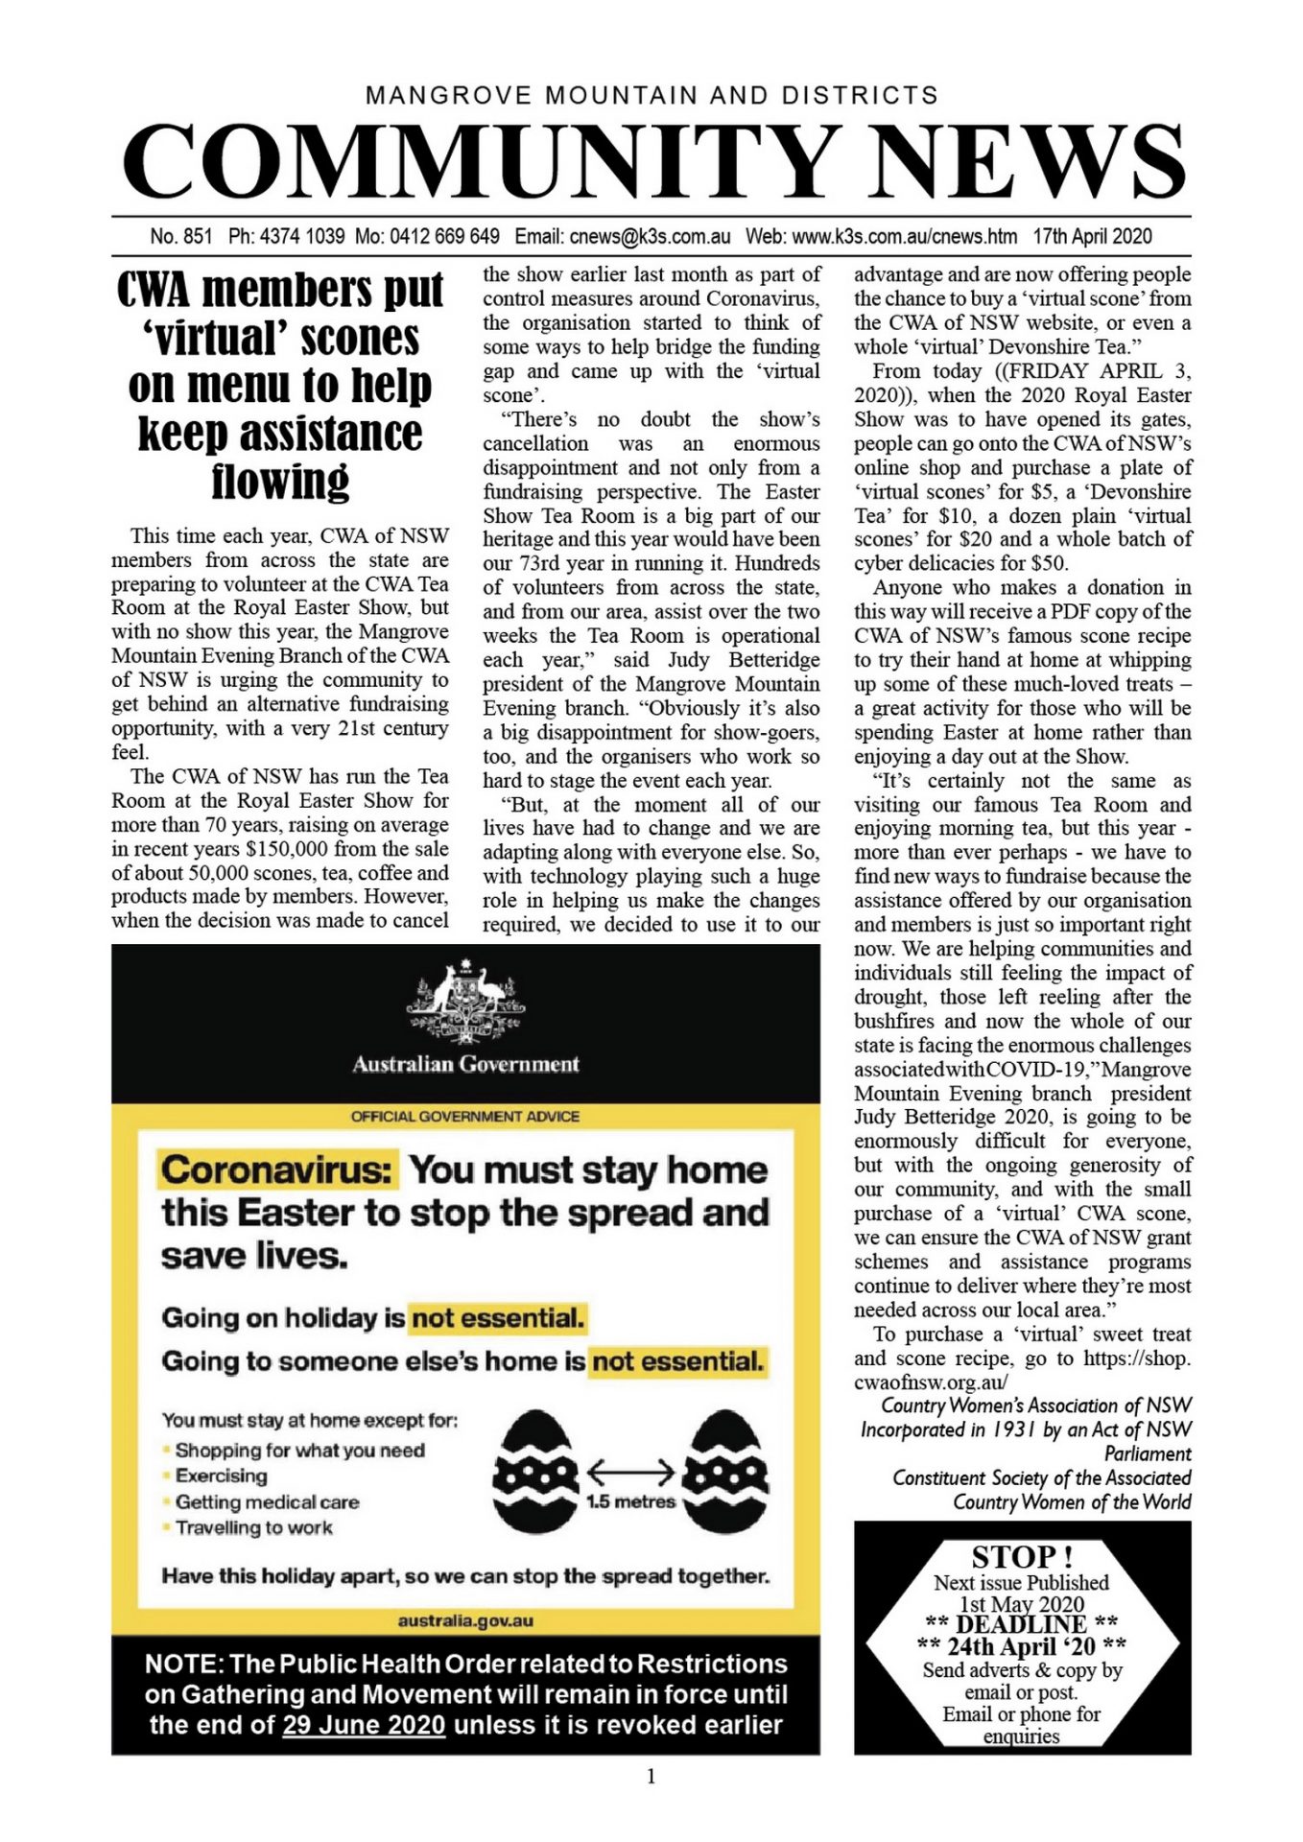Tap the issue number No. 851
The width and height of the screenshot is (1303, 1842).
coord(180,236)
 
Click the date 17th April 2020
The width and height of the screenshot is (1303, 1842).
coord(1092,236)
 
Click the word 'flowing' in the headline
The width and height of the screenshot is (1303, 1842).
coord(280,482)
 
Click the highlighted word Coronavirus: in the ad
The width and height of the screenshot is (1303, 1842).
coord(277,1169)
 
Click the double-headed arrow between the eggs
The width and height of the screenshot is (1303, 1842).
coord(631,1471)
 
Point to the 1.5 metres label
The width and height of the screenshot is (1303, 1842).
coord(630,1501)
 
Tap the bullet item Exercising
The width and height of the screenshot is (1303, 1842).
coord(221,1476)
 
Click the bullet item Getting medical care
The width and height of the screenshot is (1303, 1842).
coord(267,1501)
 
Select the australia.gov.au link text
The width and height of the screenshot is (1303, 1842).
coord(465,1620)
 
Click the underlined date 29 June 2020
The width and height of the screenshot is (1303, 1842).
coord(364,1725)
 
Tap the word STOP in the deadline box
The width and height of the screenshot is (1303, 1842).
coord(1013,1556)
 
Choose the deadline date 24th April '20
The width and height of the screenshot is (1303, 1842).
coord(1021,1646)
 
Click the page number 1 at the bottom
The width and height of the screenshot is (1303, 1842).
coord(651,1776)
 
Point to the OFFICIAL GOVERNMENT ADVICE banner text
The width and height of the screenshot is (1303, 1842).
coord(465,1116)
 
